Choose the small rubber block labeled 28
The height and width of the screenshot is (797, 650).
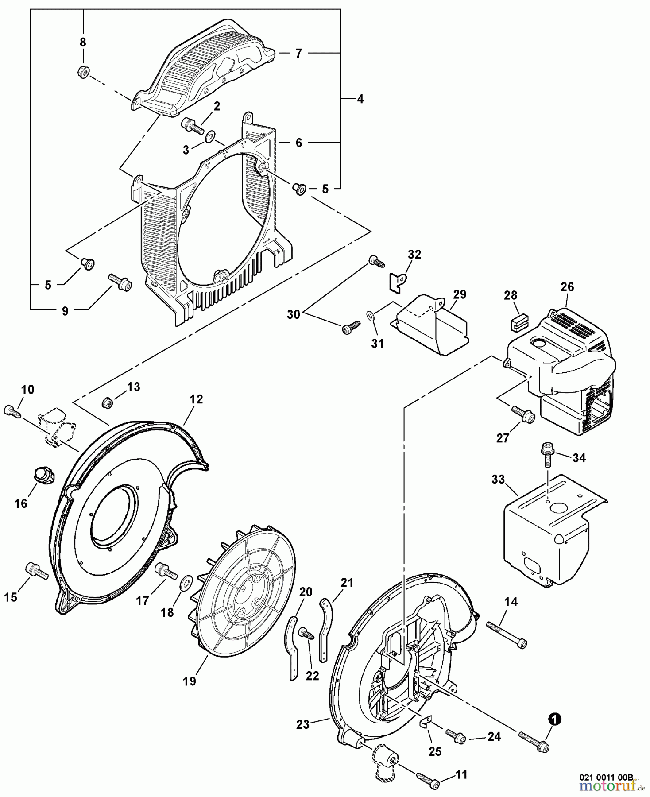pos(517,324)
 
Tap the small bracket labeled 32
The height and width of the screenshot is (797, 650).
pos(397,281)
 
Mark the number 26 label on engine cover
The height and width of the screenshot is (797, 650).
pos(567,287)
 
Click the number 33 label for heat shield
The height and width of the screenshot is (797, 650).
pos(498,480)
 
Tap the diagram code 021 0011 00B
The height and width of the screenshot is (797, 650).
pos(607,776)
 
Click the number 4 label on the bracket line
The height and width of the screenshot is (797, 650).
pos(360,99)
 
